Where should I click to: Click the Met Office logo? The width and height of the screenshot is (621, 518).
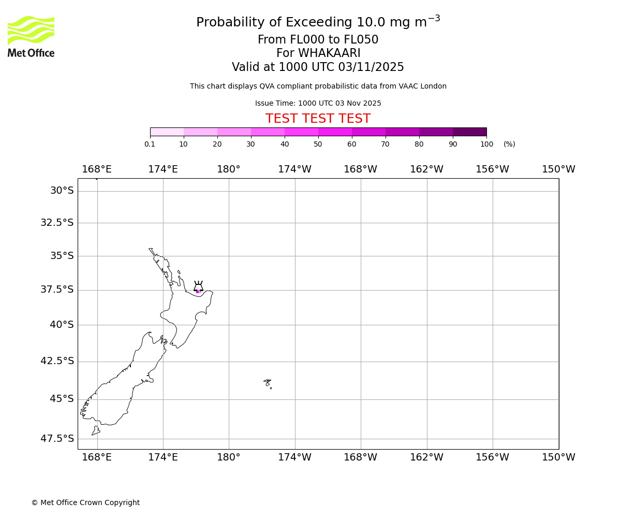(31, 36)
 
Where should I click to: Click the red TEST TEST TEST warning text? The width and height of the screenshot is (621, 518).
(318, 119)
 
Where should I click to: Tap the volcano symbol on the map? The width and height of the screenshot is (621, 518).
(198, 286)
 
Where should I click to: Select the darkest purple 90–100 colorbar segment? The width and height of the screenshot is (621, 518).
(469, 132)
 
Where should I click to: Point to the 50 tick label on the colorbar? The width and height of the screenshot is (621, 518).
(318, 145)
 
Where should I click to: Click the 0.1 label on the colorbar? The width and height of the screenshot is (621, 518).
(150, 145)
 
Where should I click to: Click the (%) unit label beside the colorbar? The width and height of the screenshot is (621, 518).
(509, 145)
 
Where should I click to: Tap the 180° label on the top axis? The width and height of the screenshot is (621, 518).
(229, 169)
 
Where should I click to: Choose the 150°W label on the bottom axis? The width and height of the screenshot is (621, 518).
(558, 457)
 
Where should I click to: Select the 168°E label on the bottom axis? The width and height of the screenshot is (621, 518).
(97, 457)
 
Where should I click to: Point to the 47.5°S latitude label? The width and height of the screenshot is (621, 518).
(57, 439)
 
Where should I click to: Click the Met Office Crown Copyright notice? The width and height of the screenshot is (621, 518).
(85, 503)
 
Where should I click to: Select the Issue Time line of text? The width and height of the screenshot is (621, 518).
(318, 104)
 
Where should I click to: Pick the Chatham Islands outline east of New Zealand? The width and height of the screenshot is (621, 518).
(267, 383)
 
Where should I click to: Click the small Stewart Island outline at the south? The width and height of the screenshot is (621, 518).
(96, 430)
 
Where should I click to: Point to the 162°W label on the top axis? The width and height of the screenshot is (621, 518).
(426, 169)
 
